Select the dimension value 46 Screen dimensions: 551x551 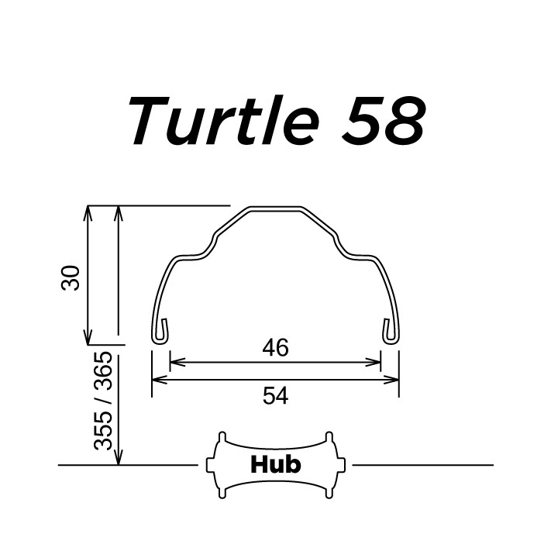point(275,348)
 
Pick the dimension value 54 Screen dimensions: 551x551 point(275,396)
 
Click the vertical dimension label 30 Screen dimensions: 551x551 point(71,277)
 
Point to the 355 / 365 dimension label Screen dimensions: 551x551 point(102,401)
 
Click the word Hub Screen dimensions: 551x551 point(275,464)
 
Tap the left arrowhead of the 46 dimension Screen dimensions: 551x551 point(174,361)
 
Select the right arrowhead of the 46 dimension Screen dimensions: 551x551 point(377,361)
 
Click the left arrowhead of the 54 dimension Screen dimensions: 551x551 point(156,380)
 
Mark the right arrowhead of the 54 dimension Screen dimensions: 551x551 point(394,380)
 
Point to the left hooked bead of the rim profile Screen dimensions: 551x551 point(159,330)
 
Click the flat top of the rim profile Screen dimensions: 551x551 point(274,208)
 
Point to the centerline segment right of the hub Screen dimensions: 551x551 point(422,465)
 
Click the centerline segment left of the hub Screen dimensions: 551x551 point(128,465)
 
